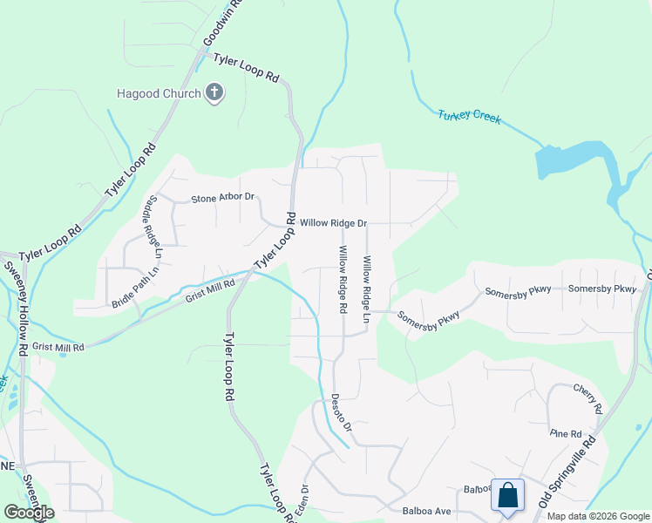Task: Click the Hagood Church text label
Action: click(160, 93)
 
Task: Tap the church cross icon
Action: click(214, 93)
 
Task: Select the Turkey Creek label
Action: click(469, 116)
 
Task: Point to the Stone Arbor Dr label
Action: click(221, 198)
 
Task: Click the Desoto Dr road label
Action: click(340, 412)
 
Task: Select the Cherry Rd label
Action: click(587, 397)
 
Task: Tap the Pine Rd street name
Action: click(565, 433)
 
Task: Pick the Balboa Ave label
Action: click(424, 510)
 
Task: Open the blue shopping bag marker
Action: click(507, 496)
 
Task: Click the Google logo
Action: click(29, 513)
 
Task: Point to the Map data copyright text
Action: click(598, 516)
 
